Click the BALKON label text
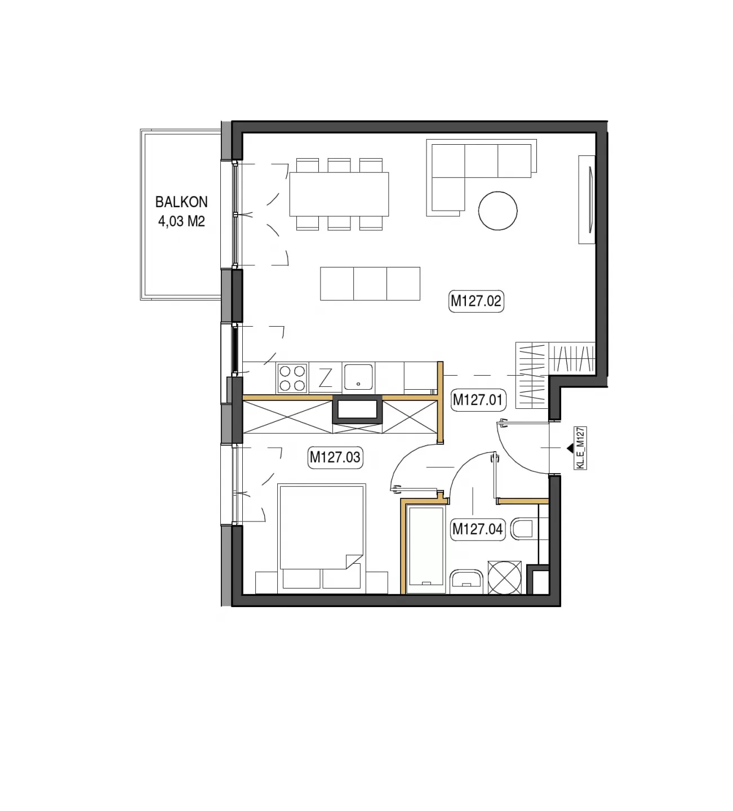(x=181, y=202)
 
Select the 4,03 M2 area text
(x=181, y=221)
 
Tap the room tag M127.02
(x=476, y=301)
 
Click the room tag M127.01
(x=477, y=400)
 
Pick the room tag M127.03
(x=335, y=457)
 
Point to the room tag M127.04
(x=477, y=529)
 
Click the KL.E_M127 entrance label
(x=580, y=448)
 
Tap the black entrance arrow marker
(x=570, y=448)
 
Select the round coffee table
(x=497, y=211)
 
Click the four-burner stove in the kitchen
(x=292, y=378)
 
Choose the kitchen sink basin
(x=358, y=377)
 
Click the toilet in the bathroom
(x=523, y=528)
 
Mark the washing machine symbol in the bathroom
(x=504, y=577)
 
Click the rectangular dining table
(x=339, y=194)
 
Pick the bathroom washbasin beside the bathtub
(x=467, y=582)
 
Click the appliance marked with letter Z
(x=325, y=378)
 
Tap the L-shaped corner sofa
(x=481, y=177)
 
